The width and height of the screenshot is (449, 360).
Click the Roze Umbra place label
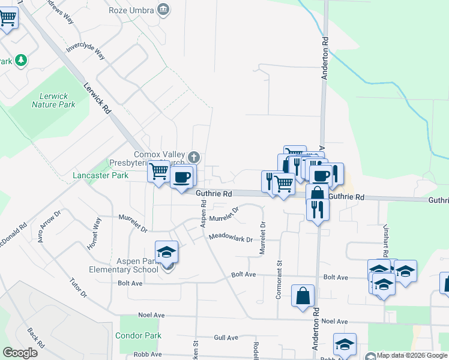[131, 10]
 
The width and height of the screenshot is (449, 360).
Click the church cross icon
[193, 157]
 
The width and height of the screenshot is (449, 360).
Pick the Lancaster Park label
[100, 176]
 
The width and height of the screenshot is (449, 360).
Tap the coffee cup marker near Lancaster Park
[182, 177]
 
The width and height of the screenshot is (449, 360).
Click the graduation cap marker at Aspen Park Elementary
[167, 252]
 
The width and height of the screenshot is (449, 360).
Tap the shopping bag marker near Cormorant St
[303, 296]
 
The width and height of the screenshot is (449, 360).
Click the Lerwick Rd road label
[98, 99]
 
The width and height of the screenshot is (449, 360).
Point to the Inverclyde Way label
[85, 50]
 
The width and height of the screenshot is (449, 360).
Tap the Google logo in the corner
[20, 353]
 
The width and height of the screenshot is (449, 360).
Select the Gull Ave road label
[226, 338]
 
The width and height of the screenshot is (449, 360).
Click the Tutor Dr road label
[78, 288]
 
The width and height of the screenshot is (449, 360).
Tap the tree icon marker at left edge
[21, 60]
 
